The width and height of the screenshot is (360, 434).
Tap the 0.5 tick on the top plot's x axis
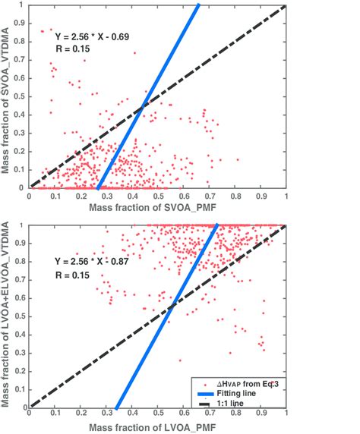[157, 196]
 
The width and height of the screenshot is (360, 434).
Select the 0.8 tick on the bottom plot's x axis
[235, 415]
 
